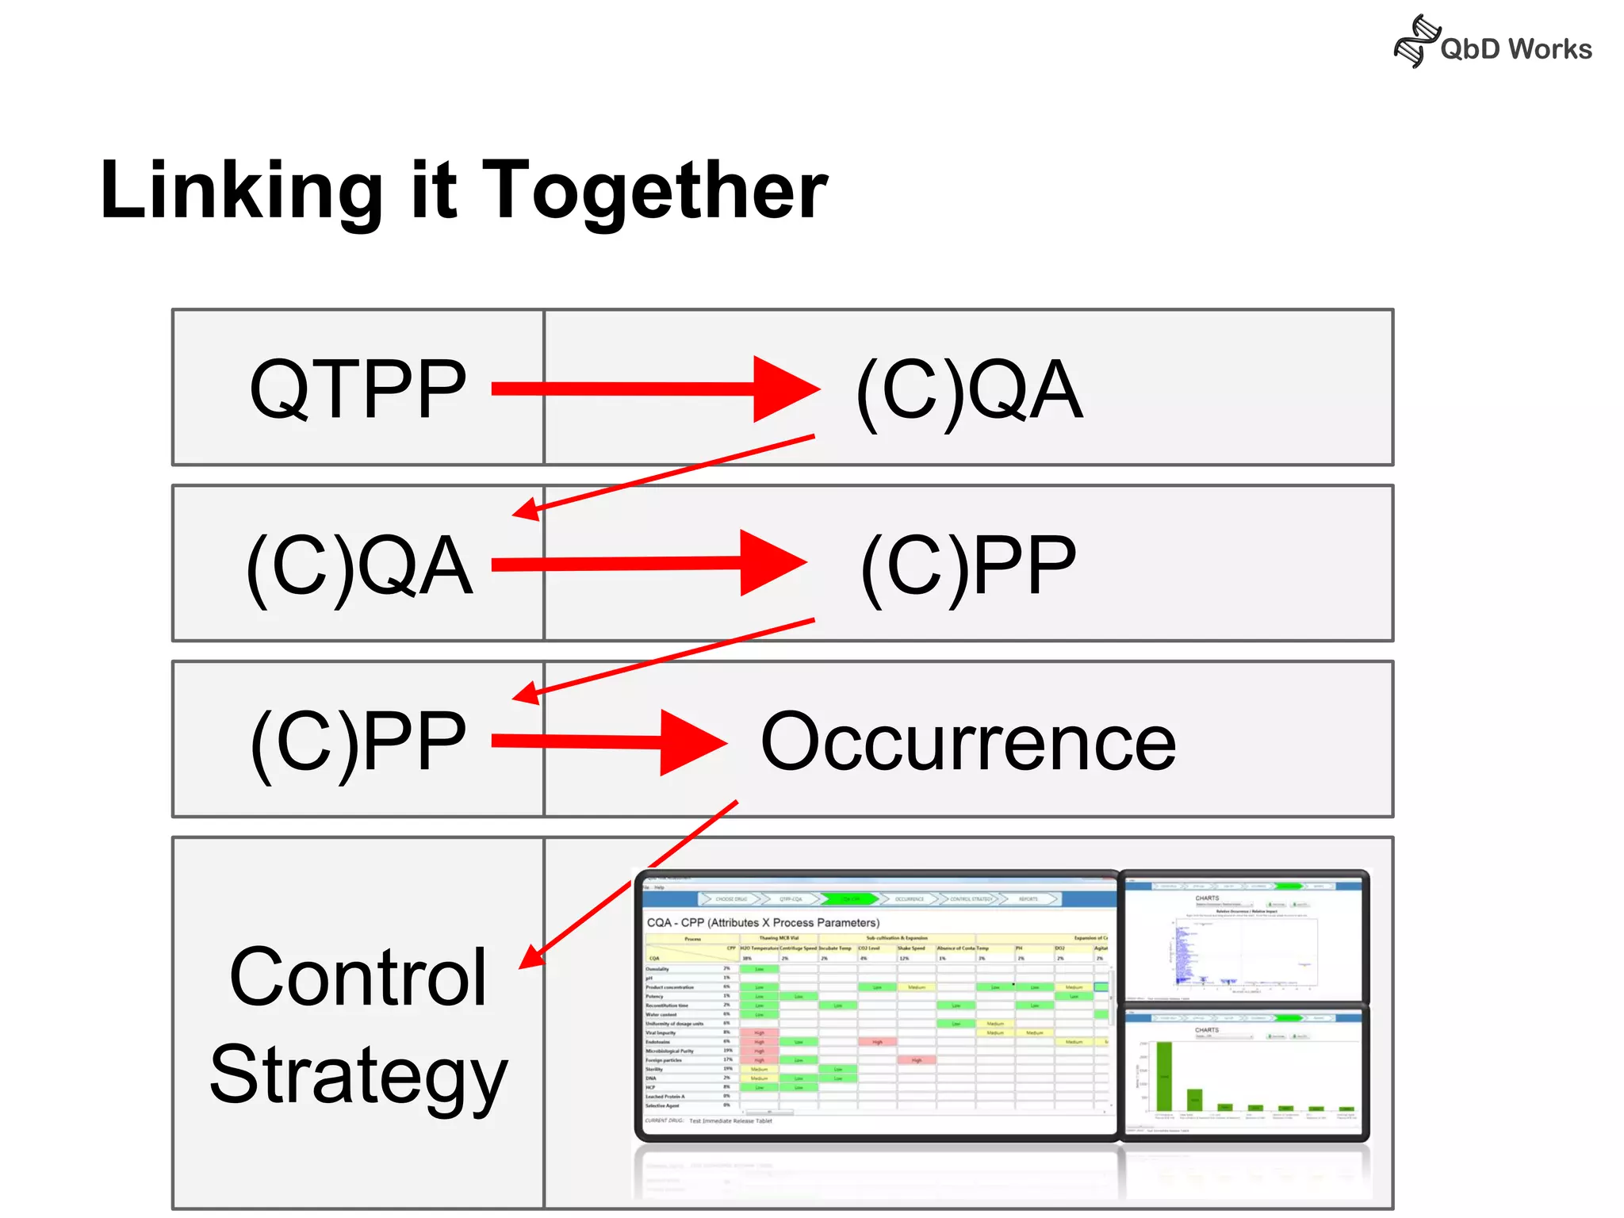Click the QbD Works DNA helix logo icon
[1416, 41]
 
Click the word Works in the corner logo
[1549, 49]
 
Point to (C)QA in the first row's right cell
[968, 389]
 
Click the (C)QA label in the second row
[359, 565]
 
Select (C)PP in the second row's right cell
[968, 565]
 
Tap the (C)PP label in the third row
[358, 741]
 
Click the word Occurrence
[968, 742]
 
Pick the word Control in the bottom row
[358, 978]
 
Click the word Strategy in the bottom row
[358, 1075]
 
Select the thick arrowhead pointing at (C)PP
[771, 563]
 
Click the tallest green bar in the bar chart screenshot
[1164, 1076]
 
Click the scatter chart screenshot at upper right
[1243, 940]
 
